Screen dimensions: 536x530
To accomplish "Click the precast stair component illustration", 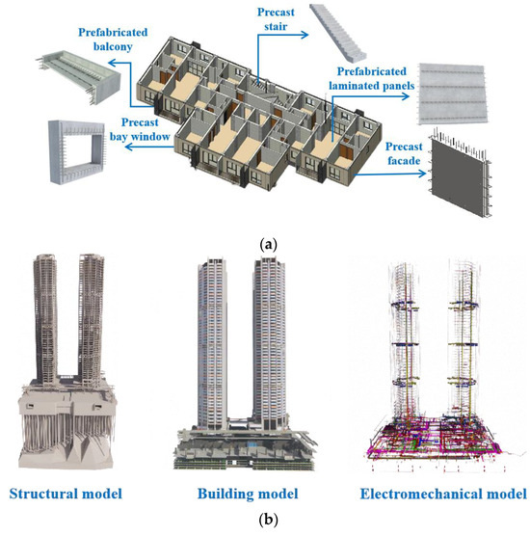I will click(345, 30).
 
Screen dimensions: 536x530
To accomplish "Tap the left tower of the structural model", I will click(44, 308).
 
